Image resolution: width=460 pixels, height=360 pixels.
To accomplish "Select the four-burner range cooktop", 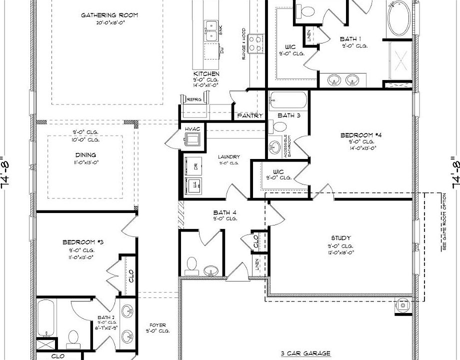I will pyautogui.click(x=255, y=43).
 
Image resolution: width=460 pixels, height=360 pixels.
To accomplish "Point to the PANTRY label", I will pyautogui.click(x=249, y=115).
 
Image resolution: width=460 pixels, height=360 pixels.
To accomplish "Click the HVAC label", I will pyautogui.click(x=192, y=129).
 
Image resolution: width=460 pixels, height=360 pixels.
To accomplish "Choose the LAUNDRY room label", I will pyautogui.click(x=228, y=157).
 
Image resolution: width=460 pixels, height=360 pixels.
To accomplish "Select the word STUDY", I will pyautogui.click(x=341, y=238).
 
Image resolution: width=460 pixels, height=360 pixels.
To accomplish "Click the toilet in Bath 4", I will pyautogui.click(x=191, y=264).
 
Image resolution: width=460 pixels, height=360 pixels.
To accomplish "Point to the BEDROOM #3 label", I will pyautogui.click(x=82, y=242).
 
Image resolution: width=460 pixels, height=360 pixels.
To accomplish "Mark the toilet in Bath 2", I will pyautogui.click(x=73, y=338).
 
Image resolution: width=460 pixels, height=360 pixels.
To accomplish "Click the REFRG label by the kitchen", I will pyautogui.click(x=194, y=99).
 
